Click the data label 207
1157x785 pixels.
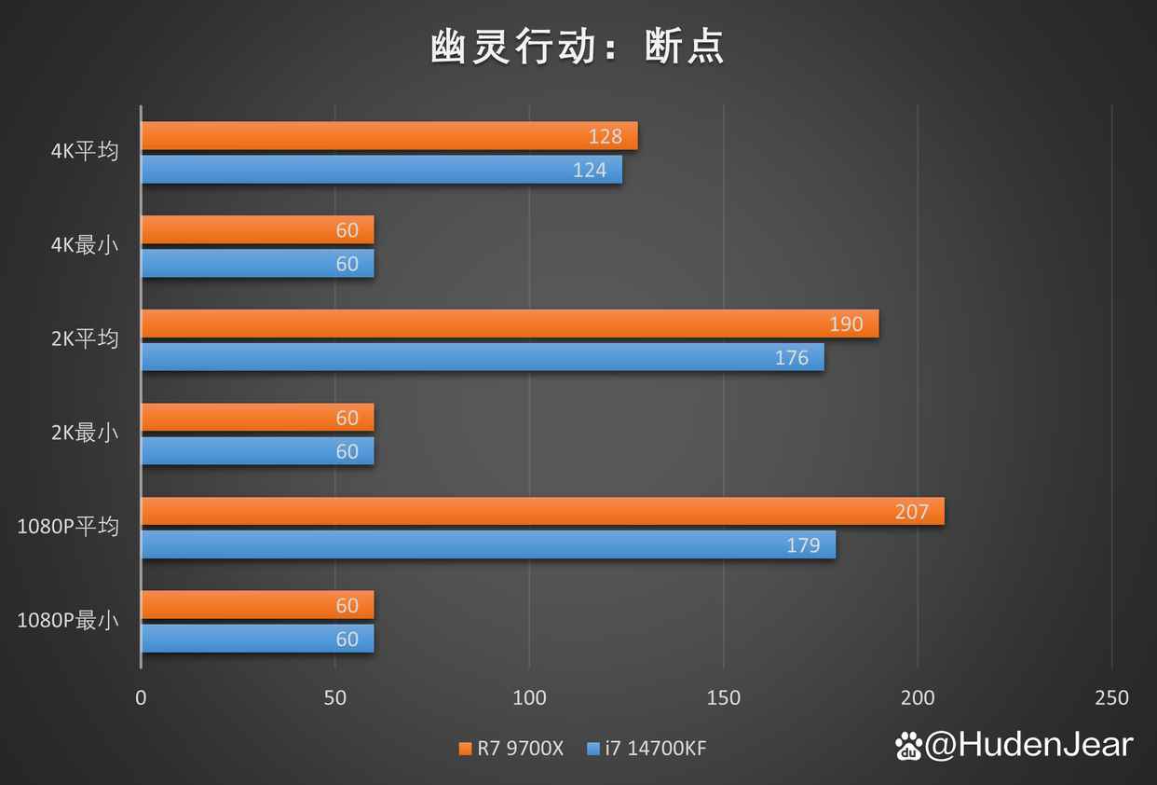point(912,512)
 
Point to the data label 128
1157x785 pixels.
point(606,137)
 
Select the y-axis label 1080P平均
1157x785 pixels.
point(68,527)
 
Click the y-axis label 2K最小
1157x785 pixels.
point(85,433)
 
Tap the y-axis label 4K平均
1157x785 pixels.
point(85,151)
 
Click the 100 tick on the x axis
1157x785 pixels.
point(529,697)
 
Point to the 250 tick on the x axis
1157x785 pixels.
point(1111,697)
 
